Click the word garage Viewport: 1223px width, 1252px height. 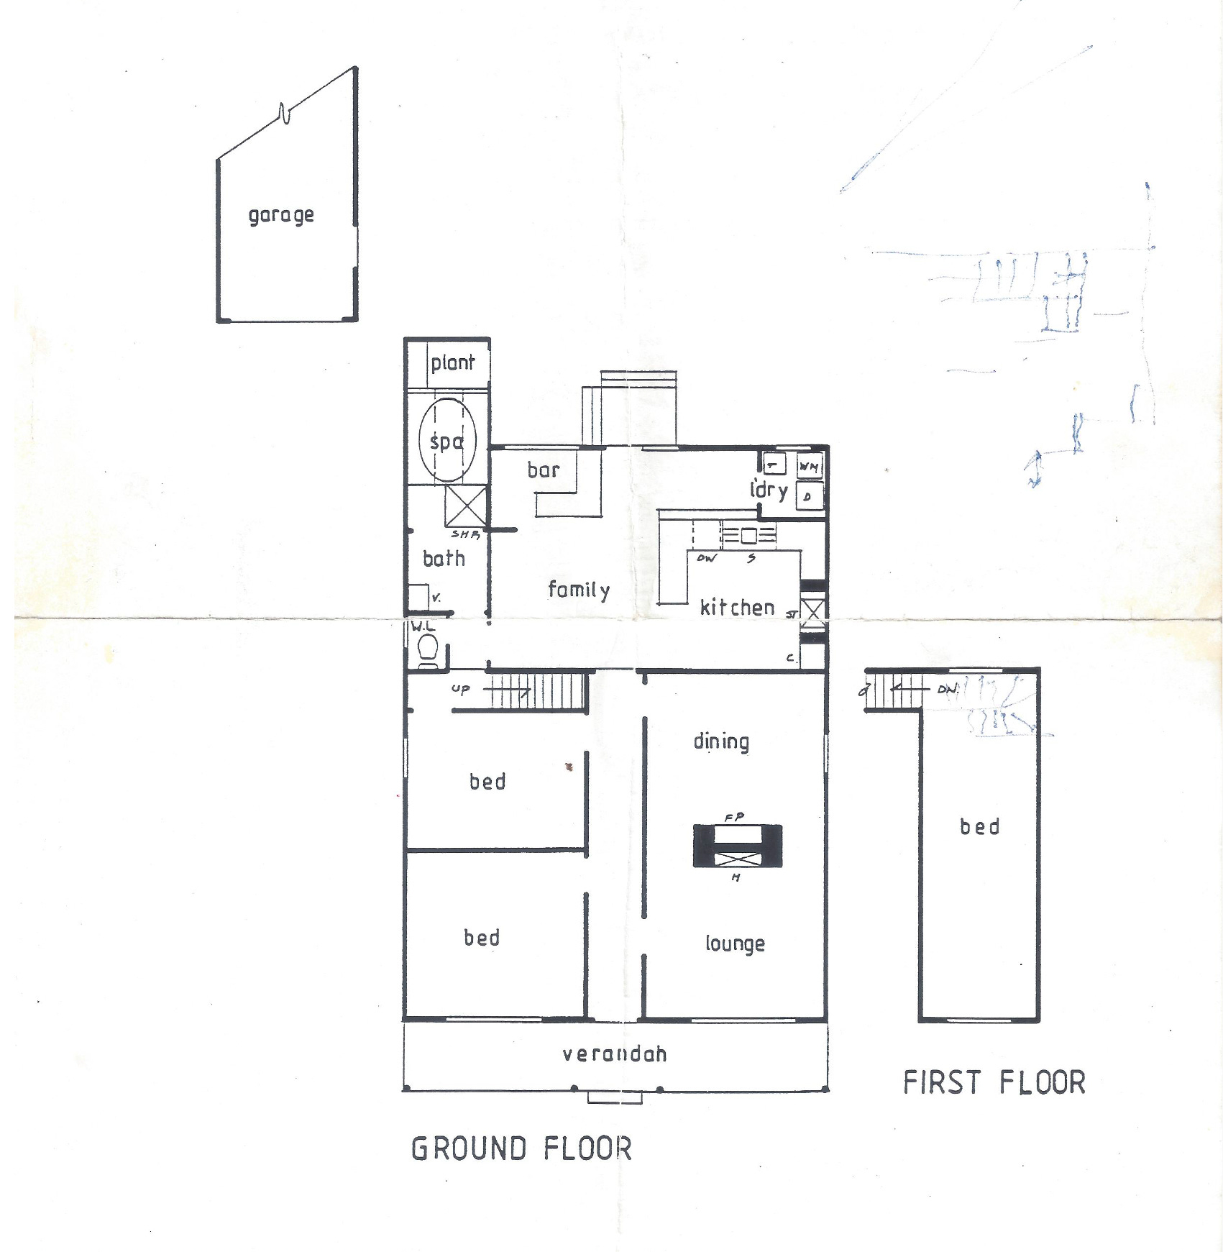tap(281, 215)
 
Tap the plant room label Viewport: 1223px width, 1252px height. tap(453, 362)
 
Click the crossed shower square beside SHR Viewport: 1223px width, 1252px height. tap(465, 506)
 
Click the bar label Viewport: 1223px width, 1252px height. tap(543, 470)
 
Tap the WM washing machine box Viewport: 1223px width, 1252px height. tap(809, 467)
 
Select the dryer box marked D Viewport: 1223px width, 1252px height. tap(808, 496)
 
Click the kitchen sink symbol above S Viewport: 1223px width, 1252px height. tap(749, 535)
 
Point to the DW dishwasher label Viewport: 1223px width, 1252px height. tap(707, 558)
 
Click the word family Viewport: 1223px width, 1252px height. tap(579, 590)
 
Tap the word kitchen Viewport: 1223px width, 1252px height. tap(737, 608)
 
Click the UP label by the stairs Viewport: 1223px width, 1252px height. tap(460, 689)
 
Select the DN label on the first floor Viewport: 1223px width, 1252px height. tap(948, 689)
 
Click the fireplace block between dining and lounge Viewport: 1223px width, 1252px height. tap(737, 846)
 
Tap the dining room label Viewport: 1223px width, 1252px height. tap(721, 741)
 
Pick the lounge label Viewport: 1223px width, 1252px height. tap(735, 943)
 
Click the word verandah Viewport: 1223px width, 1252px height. tap(615, 1054)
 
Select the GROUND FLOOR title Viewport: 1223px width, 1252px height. tap(521, 1148)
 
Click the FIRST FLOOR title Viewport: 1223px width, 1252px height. tap(994, 1082)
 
